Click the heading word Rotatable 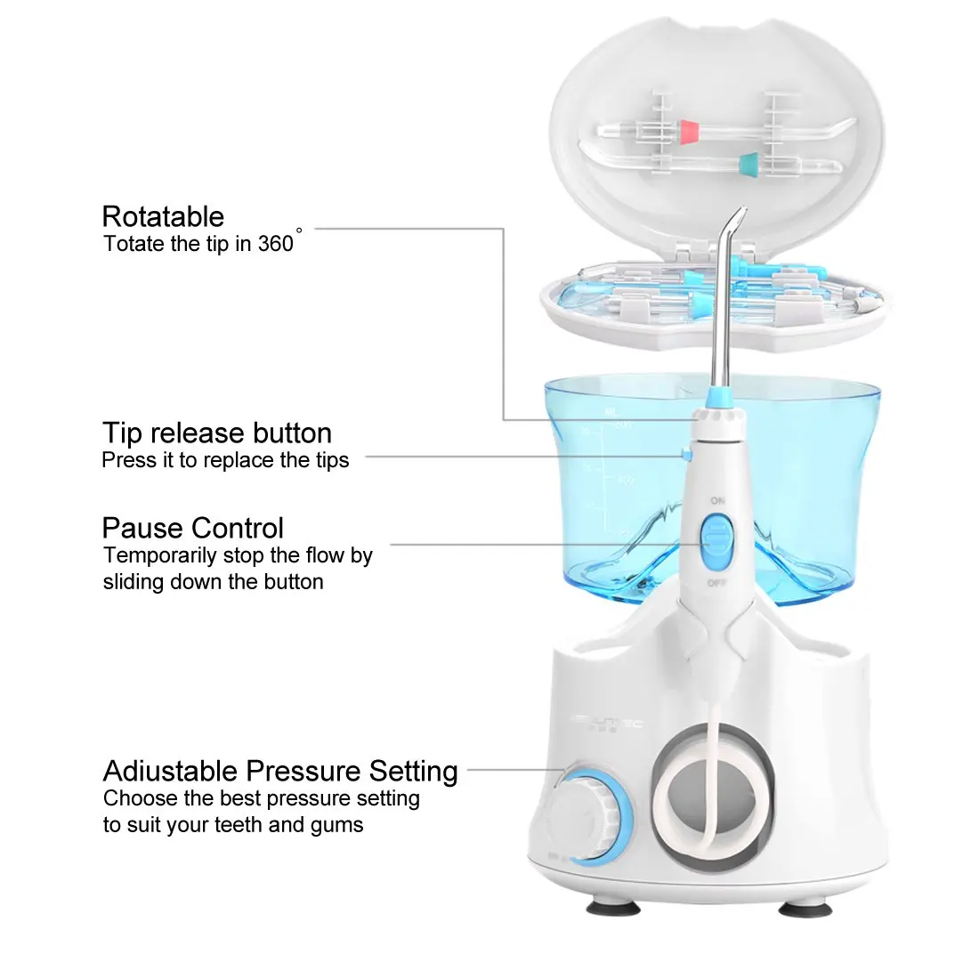pos(163,216)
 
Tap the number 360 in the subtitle pos(276,244)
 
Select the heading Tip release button pos(217,433)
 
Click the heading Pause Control pos(193,529)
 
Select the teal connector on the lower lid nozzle pos(747,162)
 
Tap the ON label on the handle pos(717,501)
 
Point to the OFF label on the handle pos(717,583)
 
